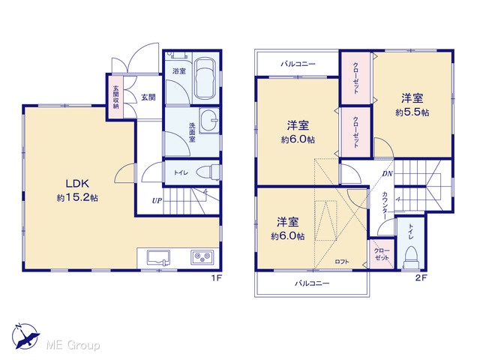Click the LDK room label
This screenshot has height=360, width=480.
click(77, 184)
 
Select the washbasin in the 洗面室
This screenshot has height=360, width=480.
click(209, 121)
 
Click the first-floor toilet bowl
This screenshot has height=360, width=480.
click(208, 172)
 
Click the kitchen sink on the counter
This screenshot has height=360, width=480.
click(158, 257)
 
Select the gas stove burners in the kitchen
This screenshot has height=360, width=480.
click(202, 257)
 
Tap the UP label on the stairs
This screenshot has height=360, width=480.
click(157, 201)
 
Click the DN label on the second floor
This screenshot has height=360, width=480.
click(387, 174)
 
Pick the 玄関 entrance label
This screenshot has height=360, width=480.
click(148, 97)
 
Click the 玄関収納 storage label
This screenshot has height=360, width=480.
click(115, 97)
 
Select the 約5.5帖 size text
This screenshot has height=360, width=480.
click(412, 112)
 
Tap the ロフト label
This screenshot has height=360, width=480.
click(342, 262)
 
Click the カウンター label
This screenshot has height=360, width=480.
click(385, 205)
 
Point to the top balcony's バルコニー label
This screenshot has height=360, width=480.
click(298, 64)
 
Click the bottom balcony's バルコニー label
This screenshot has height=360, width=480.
click(312, 283)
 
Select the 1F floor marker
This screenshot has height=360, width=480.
click(216, 278)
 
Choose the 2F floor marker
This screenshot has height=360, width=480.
click(421, 278)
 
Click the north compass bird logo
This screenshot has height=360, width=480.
click(25, 336)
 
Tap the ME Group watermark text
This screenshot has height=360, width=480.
click(73, 345)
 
